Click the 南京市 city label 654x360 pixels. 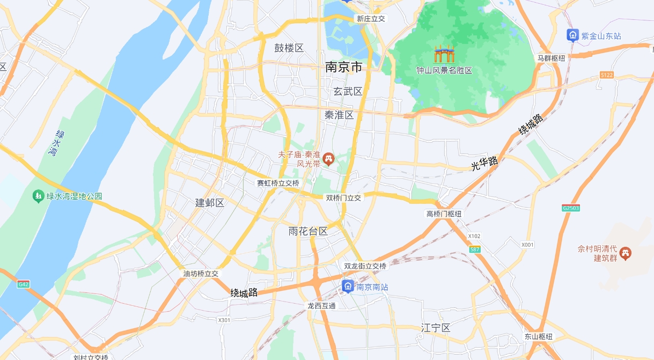coord(343,68)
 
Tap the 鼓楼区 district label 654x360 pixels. coord(289,48)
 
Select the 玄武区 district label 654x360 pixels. coord(348,92)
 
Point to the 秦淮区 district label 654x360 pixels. coord(339,115)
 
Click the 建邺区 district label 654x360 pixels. coord(209,203)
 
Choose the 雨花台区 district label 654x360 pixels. coord(308,232)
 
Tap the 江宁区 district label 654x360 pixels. coord(436,328)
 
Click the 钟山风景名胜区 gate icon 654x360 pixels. coord(444,54)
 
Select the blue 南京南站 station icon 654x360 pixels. coord(348,286)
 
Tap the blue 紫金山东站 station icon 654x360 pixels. coord(573,35)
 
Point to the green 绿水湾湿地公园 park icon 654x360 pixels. coord(38,196)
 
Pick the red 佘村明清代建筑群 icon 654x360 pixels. coord(625,252)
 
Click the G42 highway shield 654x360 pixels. coord(23,284)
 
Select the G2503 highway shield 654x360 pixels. coord(571,208)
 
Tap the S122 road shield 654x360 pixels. coord(607,75)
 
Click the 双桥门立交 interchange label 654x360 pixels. coord(344,197)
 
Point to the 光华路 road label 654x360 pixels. coord(485,163)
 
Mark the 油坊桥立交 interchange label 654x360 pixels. coord(201,274)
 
